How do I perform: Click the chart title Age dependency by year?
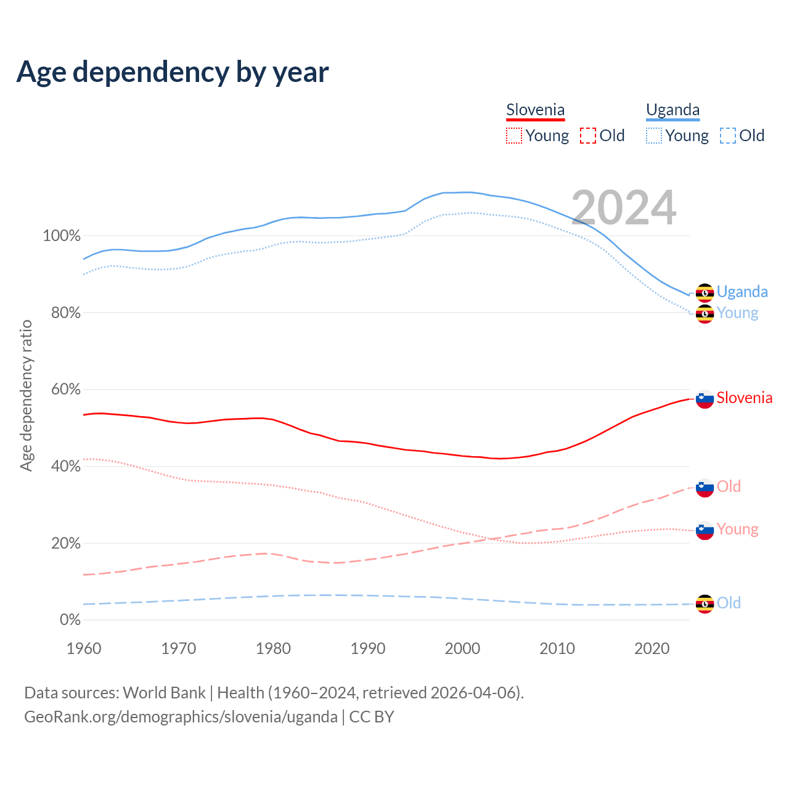click(173, 72)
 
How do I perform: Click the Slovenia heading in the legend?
click(535, 110)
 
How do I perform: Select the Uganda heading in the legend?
click(672, 110)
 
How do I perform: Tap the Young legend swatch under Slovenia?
click(514, 136)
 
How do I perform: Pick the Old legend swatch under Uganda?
click(728, 136)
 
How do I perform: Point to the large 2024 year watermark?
click(623, 208)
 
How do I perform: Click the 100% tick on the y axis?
click(62, 236)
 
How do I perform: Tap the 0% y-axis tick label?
click(70, 620)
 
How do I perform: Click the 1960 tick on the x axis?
click(84, 648)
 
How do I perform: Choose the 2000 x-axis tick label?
click(462, 648)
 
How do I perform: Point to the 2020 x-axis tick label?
click(652, 648)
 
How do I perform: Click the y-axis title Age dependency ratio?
click(26, 395)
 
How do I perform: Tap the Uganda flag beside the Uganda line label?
click(705, 293)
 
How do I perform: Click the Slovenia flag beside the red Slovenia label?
click(705, 399)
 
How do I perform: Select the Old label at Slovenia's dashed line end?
click(729, 486)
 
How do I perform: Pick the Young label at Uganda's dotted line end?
click(737, 313)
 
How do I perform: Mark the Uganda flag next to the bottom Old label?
click(705, 604)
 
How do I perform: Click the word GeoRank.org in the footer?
click(69, 717)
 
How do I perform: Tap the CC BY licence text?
click(372, 717)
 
